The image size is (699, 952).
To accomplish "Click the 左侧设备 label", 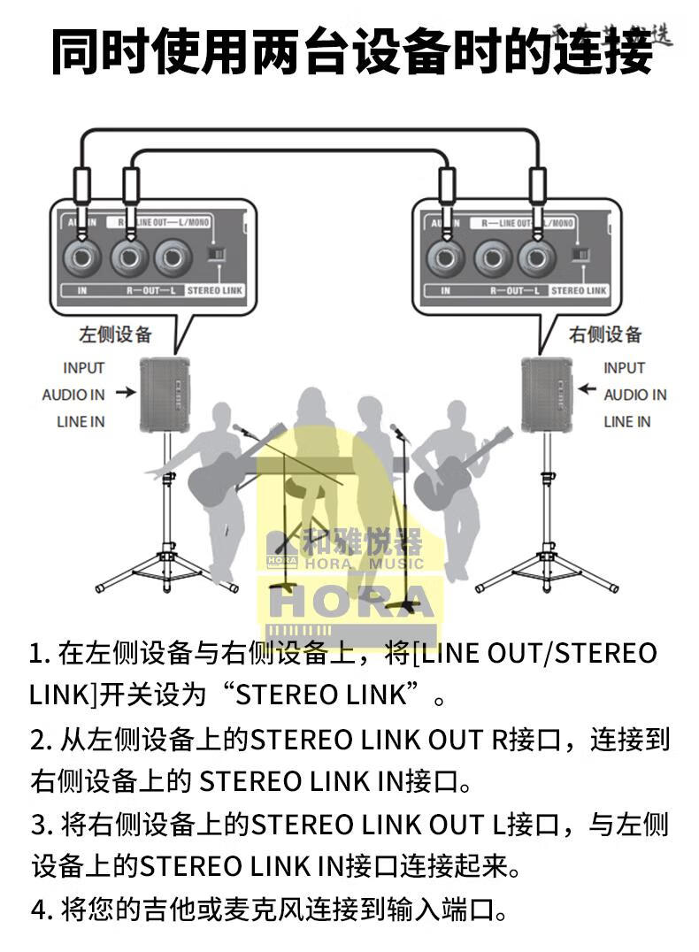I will point(116,334).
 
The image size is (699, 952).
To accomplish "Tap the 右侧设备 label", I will point(604,334).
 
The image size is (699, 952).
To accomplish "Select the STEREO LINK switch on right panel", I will point(580,255).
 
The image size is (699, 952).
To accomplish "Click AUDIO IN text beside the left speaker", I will point(73,395).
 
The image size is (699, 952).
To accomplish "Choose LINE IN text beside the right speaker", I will point(626,422).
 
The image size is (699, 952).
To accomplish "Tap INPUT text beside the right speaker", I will point(625,368).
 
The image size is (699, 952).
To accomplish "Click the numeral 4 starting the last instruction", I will point(37,909).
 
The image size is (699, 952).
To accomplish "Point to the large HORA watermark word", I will point(351,602).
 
